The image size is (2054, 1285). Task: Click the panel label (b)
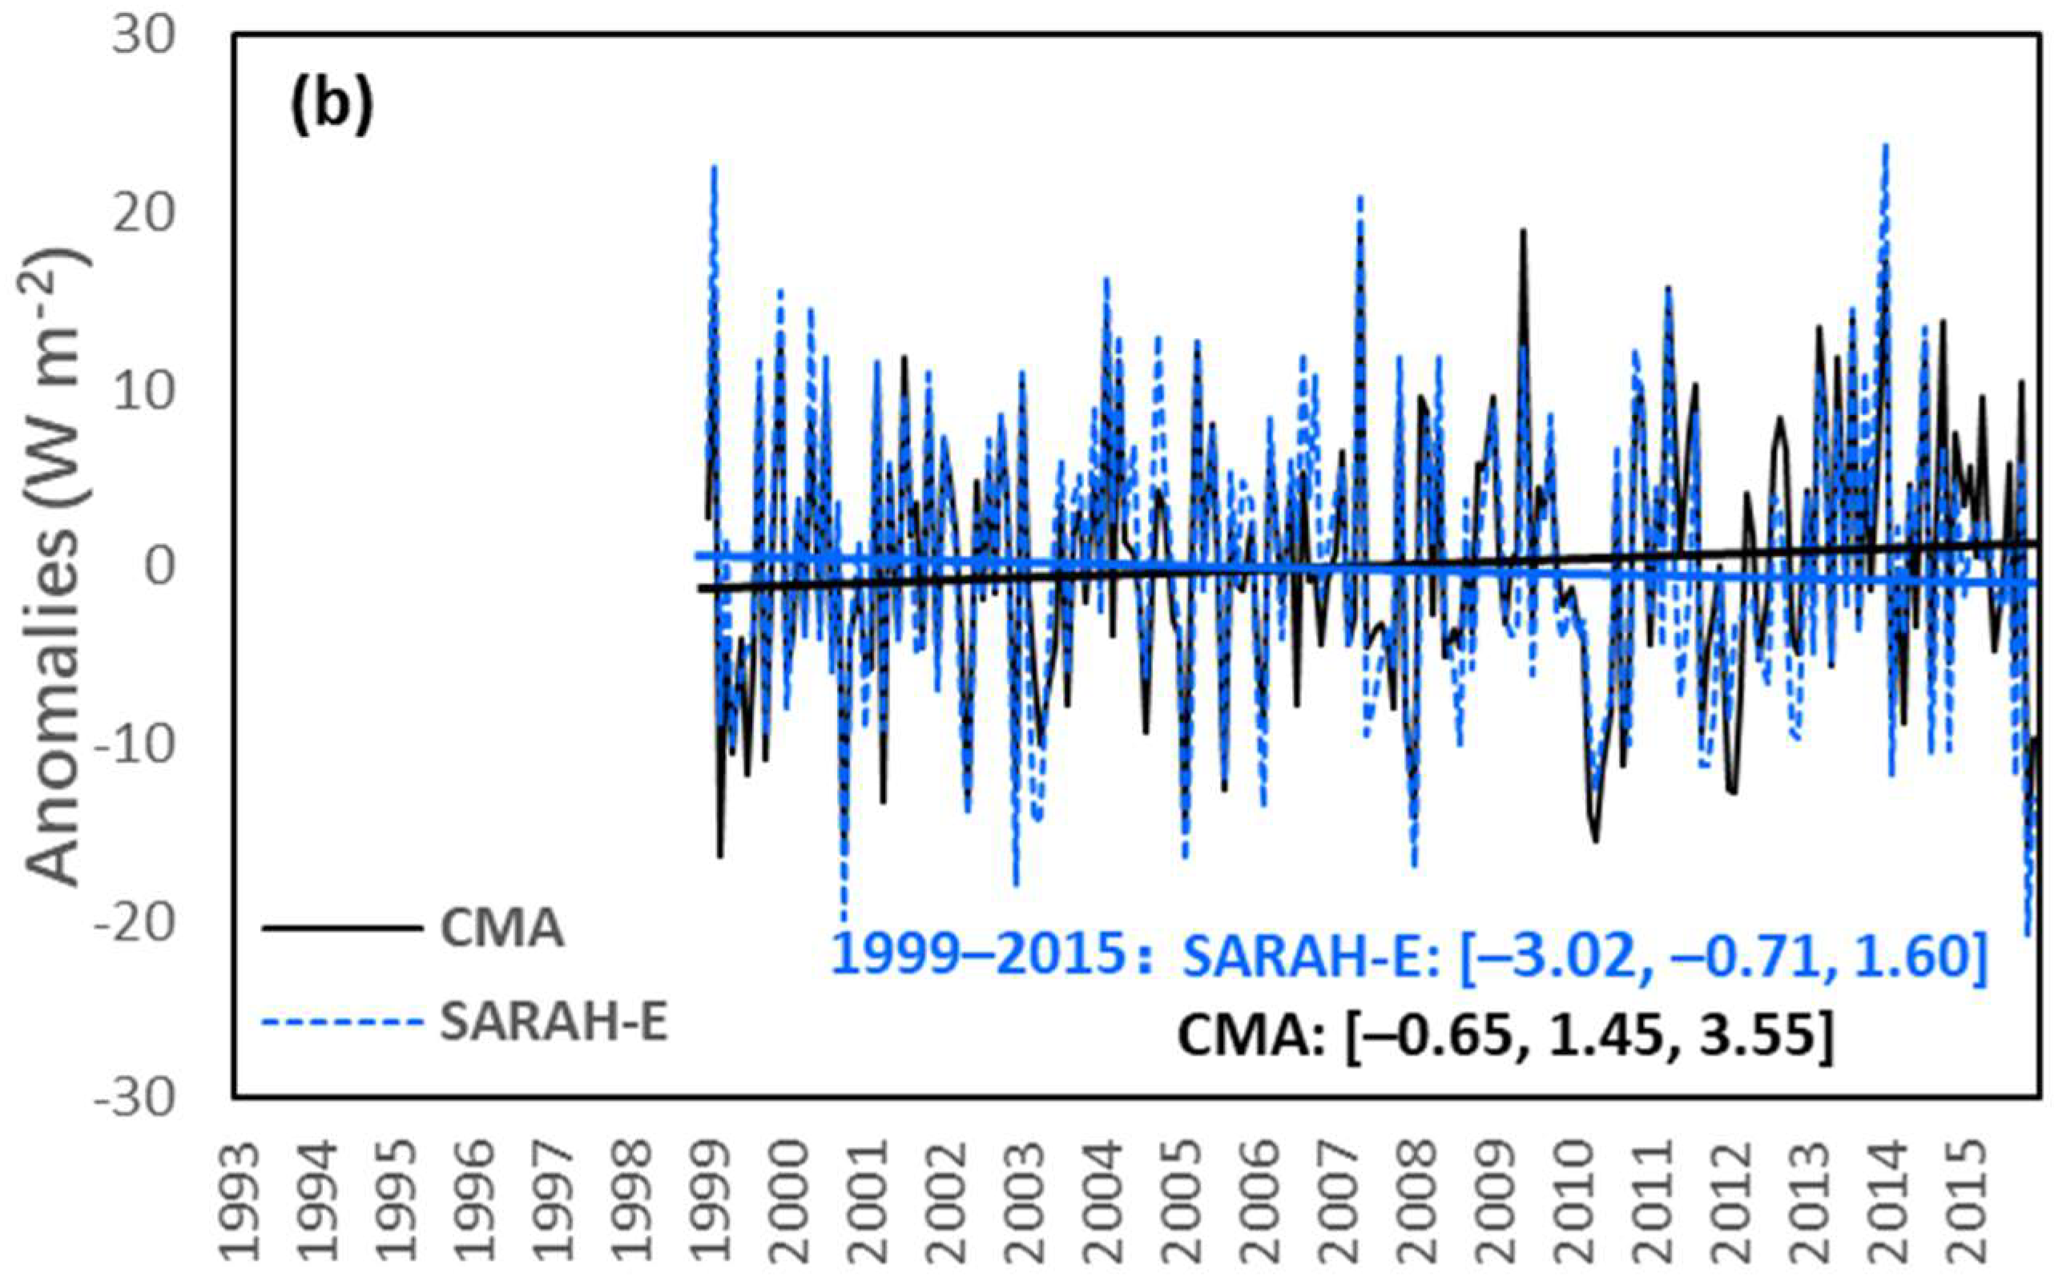(332, 109)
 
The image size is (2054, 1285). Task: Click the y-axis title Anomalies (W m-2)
(58, 568)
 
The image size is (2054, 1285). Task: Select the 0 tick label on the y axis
(159, 567)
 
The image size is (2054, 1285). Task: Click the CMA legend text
(501, 929)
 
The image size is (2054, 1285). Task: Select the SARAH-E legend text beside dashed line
(554, 1025)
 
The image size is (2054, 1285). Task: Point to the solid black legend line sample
(341, 928)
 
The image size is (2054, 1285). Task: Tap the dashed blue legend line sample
(341, 1024)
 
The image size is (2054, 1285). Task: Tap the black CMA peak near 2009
(1523, 232)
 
